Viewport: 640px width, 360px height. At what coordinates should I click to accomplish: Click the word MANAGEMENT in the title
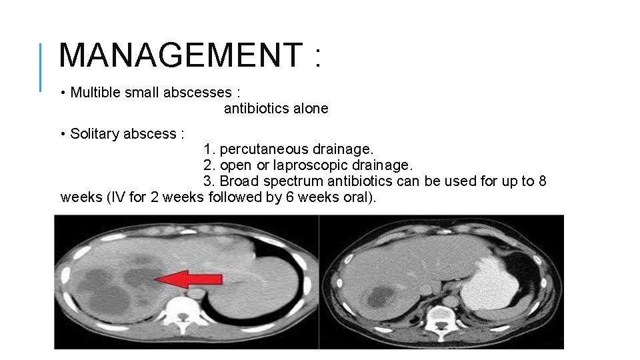tap(181, 55)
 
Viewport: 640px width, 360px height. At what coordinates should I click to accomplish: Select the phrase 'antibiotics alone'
tap(276, 108)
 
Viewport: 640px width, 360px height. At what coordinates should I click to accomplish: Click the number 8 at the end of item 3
tap(542, 181)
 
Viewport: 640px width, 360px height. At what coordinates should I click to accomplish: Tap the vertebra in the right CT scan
tap(441, 315)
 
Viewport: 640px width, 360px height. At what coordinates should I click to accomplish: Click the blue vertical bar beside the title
tap(41, 67)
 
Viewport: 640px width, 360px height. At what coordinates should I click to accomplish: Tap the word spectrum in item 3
tap(283, 181)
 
